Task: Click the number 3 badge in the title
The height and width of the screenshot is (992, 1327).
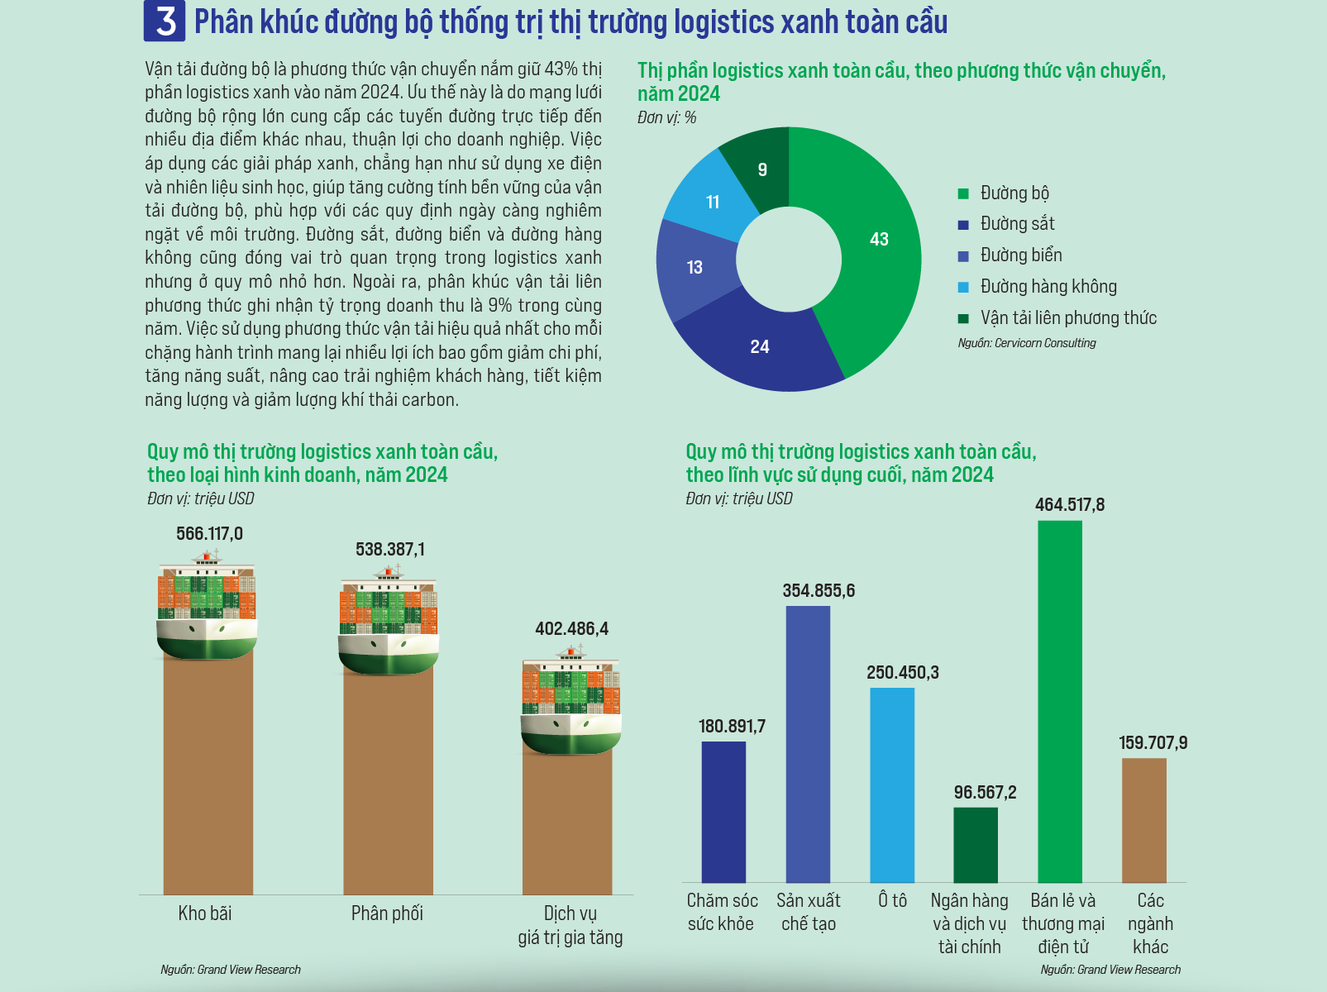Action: coord(165,21)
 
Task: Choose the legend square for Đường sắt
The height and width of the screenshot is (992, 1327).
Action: coord(963,225)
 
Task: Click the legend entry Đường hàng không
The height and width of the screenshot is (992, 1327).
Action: coord(1048,287)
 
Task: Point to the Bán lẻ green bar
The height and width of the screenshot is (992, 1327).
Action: coord(1059,703)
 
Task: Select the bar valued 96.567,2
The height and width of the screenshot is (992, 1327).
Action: coord(976,845)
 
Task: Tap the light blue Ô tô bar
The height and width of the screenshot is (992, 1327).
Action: coord(892,785)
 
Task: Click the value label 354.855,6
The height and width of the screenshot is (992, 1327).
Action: coord(819,591)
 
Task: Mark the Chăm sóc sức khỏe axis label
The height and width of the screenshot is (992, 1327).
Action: coord(722,912)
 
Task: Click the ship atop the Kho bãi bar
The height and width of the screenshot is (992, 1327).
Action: coord(207,608)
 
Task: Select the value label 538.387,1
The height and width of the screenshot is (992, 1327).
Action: coord(390,550)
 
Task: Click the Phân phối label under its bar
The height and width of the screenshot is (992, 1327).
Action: coord(387,913)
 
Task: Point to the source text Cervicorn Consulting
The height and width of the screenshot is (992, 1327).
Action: coord(1027,343)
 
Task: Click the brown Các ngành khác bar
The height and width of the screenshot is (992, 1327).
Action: coord(1144,820)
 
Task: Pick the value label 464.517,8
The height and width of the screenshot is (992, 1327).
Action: coord(1069,505)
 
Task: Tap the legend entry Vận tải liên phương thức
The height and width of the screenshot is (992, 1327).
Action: coord(1067,318)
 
